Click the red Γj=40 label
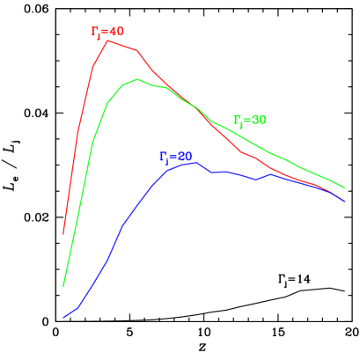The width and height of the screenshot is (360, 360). coord(107,33)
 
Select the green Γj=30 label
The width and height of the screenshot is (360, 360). coord(250,120)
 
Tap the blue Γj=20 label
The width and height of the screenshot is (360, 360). coord(175,157)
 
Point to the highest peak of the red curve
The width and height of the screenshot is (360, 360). coord(107,40)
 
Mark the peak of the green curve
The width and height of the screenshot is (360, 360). coord(137,79)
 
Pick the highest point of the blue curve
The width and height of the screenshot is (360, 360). coord(195,162)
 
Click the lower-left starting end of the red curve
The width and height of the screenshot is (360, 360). coord(63,234)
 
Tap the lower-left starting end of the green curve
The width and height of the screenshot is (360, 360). coord(63,287)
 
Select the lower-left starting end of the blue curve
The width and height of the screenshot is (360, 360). coord(63,317)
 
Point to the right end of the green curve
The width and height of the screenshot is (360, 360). coord(344,187)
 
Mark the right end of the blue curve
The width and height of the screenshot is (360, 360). coord(344,202)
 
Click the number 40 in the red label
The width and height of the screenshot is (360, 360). coord(117,32)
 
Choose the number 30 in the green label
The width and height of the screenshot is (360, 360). coord(259,120)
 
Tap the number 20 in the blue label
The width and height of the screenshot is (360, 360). coord(184,156)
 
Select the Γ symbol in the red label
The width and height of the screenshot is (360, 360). coord(95,32)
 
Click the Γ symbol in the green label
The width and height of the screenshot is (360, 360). coord(237,119)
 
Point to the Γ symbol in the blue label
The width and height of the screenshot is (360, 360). coord(163,156)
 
